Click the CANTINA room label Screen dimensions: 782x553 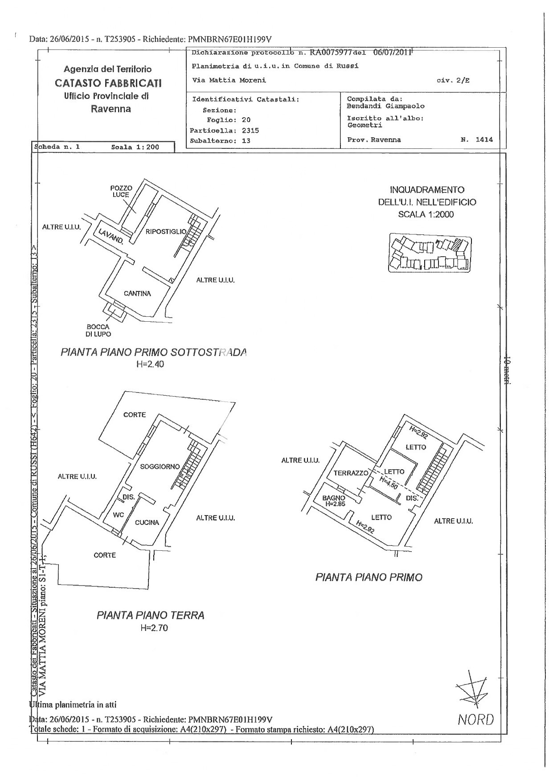tap(137, 294)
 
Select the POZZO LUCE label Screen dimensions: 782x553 tap(121, 192)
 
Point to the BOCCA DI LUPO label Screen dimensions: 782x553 tap(98, 330)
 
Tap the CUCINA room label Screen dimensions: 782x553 tap(147, 522)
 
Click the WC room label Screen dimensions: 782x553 tap(118, 515)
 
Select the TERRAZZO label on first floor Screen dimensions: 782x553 tap(351, 473)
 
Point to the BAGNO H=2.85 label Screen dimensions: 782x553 tap(334, 501)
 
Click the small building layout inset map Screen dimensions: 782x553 tap(430, 253)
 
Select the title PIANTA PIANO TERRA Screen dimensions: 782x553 tap(151, 615)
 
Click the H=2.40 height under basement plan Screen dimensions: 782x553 tap(151, 364)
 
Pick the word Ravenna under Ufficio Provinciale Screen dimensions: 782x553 tap(111, 109)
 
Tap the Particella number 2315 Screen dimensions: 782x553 tap(250, 131)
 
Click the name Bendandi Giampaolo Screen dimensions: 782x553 tap(385, 106)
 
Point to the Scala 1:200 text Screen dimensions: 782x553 tap(135, 147)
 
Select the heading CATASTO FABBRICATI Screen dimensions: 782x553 tap(108, 83)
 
